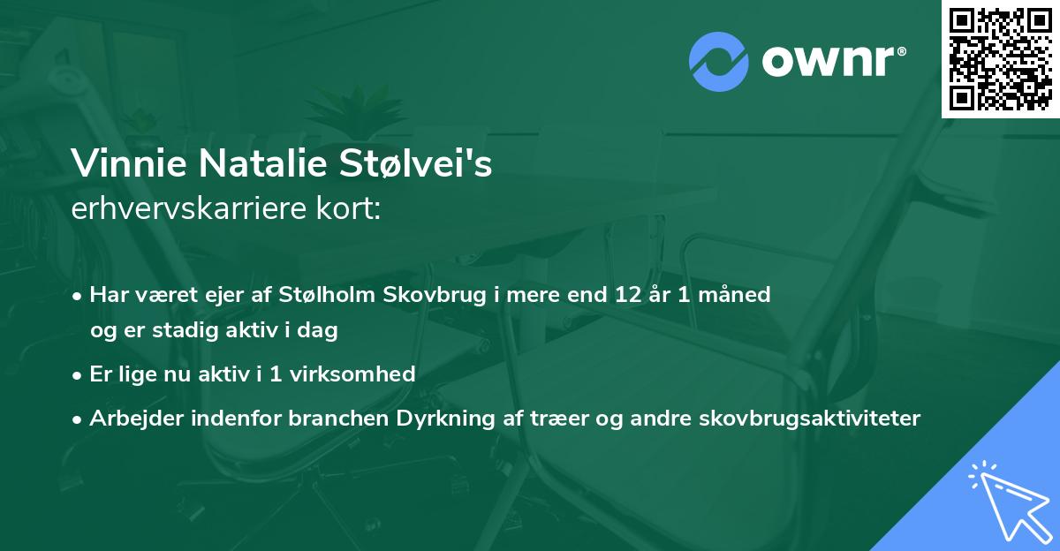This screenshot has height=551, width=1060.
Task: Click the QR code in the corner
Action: point(1001,59)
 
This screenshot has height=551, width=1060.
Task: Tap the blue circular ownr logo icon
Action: point(718,61)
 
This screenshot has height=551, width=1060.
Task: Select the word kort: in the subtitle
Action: point(348,209)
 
